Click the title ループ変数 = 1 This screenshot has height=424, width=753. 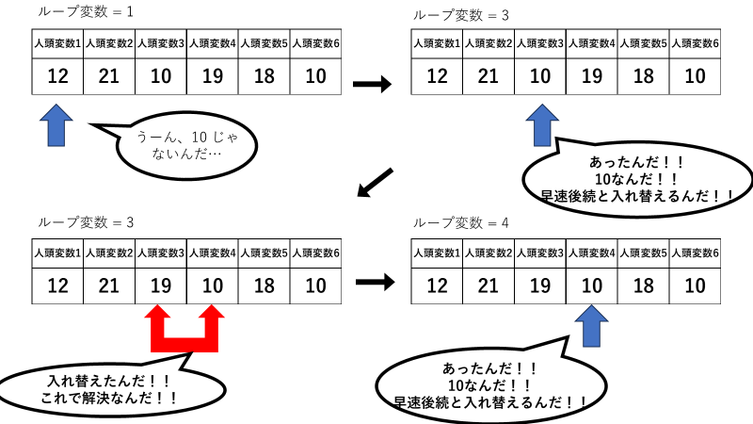click(x=86, y=11)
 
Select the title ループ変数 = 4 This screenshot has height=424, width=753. click(x=460, y=222)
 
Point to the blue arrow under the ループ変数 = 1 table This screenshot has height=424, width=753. click(x=56, y=125)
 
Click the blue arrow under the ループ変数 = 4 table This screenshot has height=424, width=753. click(x=591, y=326)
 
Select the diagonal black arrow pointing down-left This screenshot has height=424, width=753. click(x=375, y=183)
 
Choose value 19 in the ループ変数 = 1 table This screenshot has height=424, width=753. click(x=213, y=76)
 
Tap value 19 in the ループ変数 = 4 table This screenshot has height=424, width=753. click(x=539, y=285)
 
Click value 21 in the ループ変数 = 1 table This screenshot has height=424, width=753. click(x=108, y=76)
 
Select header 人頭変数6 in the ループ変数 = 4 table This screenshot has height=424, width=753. click(x=695, y=253)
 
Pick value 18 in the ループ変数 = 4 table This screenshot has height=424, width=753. click(x=644, y=285)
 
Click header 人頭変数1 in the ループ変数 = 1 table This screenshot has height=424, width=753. click(x=57, y=43)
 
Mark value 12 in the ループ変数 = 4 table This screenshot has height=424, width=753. click(x=437, y=285)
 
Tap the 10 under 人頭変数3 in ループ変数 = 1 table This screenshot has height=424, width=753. click(x=161, y=76)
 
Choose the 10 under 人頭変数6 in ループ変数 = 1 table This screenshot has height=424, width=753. click(x=315, y=76)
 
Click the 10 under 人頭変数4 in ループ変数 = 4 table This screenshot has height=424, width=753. click(x=592, y=285)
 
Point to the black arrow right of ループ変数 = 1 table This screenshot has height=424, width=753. click(x=372, y=84)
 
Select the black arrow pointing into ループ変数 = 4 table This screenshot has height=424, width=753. click(x=375, y=282)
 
